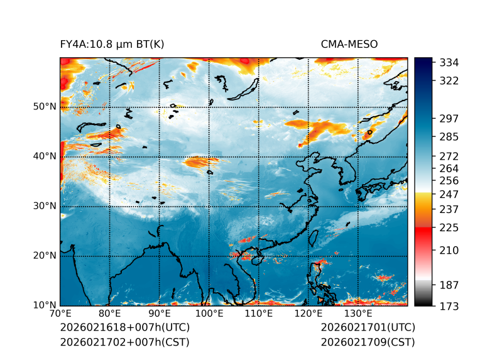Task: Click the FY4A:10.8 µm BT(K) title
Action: (112, 45)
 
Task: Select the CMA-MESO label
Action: (349, 45)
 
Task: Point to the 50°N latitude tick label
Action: (45, 107)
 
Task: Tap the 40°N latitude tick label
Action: (45, 156)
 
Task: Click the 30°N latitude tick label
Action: (45, 206)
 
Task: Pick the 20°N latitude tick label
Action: (45, 256)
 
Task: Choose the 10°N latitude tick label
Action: (45, 305)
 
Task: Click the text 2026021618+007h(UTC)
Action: (124, 328)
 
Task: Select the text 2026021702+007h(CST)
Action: (124, 342)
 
